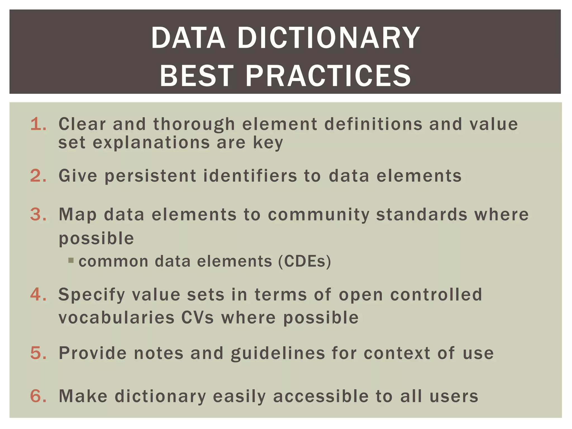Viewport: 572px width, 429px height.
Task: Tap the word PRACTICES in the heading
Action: (328, 76)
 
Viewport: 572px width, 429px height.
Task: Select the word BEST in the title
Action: (196, 76)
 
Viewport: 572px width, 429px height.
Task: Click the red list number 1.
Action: (38, 124)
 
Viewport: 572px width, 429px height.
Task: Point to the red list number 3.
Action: (38, 214)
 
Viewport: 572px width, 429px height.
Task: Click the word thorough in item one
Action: (194, 125)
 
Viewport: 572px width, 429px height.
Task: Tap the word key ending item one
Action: (268, 143)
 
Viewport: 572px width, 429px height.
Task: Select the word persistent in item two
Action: (151, 176)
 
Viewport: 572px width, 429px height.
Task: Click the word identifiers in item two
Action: (250, 176)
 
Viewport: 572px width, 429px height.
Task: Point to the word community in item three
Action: (318, 215)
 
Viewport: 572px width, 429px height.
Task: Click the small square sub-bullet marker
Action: (71, 261)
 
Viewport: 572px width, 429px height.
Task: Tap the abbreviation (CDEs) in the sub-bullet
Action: (304, 261)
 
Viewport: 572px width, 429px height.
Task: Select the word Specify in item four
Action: (92, 295)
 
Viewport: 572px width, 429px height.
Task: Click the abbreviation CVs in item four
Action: (197, 318)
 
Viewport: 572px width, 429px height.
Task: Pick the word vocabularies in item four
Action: (116, 318)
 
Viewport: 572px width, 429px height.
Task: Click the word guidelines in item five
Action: (278, 353)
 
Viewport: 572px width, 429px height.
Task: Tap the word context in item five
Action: (397, 353)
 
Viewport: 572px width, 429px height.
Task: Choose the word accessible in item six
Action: (321, 397)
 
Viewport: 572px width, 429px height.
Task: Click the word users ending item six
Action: (454, 397)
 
